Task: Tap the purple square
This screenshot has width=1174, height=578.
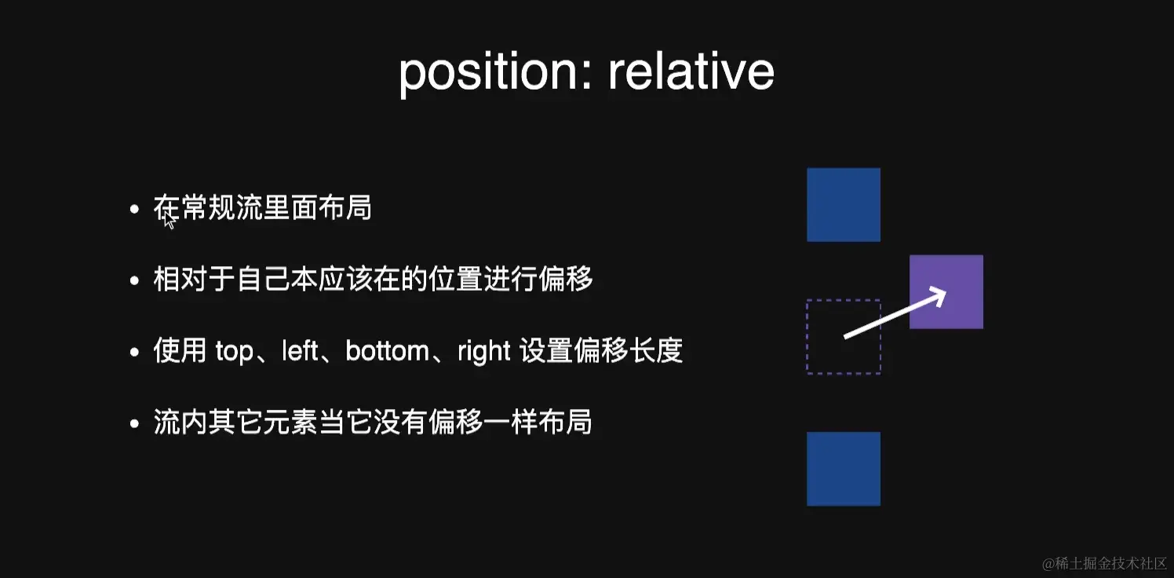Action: [x=946, y=291]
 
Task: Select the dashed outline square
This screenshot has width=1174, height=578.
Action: [x=843, y=336]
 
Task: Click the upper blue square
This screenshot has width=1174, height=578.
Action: [x=844, y=204]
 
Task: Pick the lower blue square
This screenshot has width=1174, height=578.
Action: [x=844, y=468]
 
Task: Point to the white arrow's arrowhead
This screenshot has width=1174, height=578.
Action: [x=938, y=294]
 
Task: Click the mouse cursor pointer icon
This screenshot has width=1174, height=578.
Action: [x=169, y=220]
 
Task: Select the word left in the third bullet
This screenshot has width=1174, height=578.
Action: [x=299, y=351]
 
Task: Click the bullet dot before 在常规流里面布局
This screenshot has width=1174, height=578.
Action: [x=135, y=209]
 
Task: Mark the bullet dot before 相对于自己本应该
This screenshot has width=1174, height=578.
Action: [x=135, y=280]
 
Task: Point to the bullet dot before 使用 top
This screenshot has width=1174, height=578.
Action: [x=135, y=352]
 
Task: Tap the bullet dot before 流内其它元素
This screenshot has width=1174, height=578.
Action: [x=135, y=423]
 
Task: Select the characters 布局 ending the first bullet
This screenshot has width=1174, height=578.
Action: [x=345, y=208]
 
